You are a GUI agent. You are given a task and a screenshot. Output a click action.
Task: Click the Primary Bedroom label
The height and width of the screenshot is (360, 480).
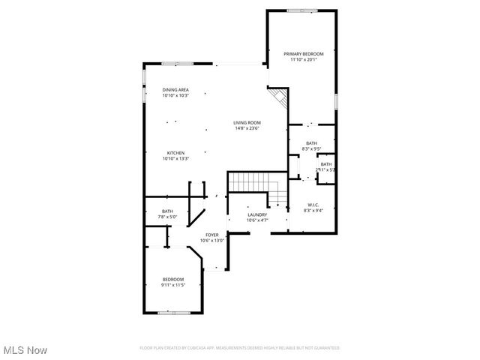pos(303,54)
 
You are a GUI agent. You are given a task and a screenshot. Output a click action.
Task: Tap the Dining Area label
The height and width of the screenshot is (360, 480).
pos(175,90)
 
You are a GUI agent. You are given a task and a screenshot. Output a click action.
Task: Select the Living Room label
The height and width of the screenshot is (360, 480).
pos(247,122)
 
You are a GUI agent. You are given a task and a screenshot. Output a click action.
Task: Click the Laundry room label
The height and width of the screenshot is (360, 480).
pos(257,214)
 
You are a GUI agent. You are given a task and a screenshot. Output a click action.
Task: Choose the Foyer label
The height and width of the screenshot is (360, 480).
pos(212,235)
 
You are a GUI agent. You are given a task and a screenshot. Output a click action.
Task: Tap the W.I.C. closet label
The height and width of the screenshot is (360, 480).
pos(313,205)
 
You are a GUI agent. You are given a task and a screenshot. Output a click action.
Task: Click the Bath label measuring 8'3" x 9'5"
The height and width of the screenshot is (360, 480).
pos(311,143)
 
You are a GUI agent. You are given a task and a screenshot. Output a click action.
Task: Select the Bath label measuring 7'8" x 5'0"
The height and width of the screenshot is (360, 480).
pos(166,211)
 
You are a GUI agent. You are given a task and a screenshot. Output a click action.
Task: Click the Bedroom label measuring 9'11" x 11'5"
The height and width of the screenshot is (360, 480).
pos(172,280)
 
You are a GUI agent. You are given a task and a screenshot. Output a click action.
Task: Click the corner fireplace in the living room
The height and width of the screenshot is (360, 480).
pos(279,97)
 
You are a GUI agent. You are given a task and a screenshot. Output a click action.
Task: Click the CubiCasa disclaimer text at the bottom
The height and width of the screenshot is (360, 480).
pos(239,348)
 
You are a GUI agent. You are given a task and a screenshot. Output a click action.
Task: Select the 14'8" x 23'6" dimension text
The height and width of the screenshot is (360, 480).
pos(247,128)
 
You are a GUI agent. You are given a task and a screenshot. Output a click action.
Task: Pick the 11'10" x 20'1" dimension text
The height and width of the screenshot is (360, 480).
pos(303,60)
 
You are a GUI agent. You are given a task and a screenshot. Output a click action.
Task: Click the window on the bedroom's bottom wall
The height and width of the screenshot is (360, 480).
pos(172,311)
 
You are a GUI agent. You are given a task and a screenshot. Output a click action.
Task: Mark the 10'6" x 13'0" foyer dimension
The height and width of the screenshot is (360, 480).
pos(212,241)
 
